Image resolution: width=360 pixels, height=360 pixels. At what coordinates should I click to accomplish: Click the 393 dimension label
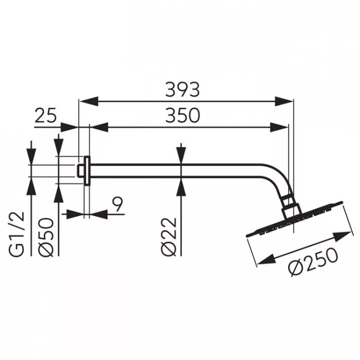(x=183, y=90)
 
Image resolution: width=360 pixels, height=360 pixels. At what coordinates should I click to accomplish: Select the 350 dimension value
(x=183, y=116)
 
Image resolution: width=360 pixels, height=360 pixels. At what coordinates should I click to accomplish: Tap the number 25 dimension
(x=45, y=116)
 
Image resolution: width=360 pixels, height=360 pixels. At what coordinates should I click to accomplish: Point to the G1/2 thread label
(x=17, y=234)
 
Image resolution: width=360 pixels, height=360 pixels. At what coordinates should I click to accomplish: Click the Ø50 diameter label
(x=46, y=237)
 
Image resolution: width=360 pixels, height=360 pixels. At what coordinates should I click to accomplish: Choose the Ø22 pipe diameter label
(x=169, y=237)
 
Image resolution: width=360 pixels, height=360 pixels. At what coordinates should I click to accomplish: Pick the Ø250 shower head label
(x=313, y=262)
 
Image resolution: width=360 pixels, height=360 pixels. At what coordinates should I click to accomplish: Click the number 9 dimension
(x=118, y=204)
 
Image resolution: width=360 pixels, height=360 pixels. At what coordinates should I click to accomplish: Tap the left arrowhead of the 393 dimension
(x=89, y=101)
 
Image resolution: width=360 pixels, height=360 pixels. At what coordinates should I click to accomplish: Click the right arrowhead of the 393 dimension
(x=284, y=101)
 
